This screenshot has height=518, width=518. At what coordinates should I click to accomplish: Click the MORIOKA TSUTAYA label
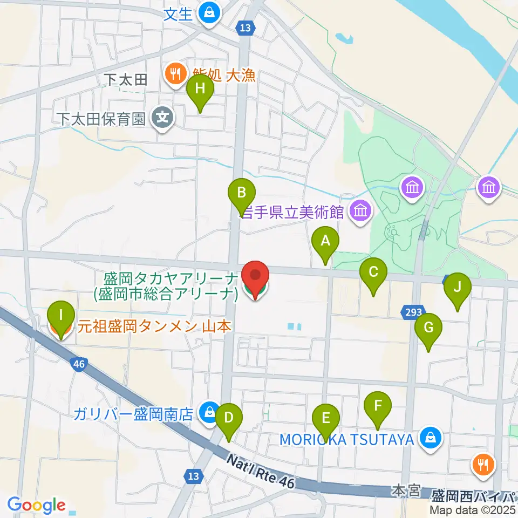tap(346, 439)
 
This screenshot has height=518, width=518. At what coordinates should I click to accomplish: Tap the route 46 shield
tap(79, 364)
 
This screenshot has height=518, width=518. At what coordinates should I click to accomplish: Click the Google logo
tap(36, 506)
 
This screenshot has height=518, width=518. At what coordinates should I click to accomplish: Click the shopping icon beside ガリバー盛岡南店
tap(208, 413)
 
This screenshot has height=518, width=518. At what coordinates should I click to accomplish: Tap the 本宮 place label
tap(406, 490)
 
